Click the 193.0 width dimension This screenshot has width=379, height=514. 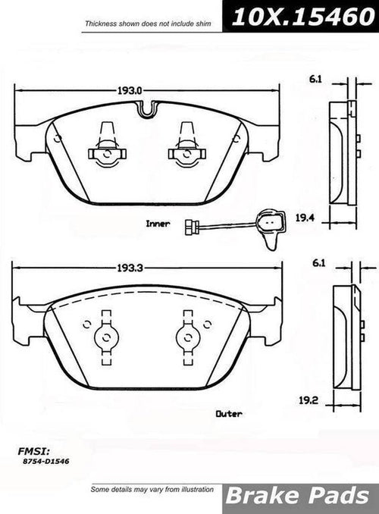(x=131, y=90)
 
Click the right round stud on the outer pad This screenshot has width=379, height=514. (x=185, y=337)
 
